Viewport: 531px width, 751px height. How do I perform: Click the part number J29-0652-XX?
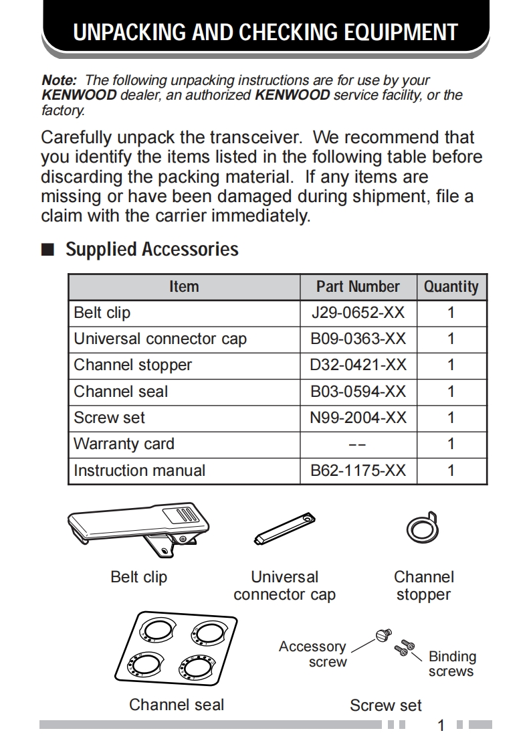(x=358, y=313)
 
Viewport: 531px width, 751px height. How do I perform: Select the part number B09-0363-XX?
(x=358, y=339)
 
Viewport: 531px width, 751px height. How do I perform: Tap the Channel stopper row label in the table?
(x=132, y=365)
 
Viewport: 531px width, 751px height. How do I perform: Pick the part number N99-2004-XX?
(x=358, y=418)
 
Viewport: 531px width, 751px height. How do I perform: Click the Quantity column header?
(x=451, y=286)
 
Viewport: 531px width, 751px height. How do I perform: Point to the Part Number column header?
(x=358, y=286)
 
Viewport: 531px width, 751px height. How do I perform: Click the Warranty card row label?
(x=124, y=444)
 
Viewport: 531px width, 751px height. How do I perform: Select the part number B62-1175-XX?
(x=358, y=470)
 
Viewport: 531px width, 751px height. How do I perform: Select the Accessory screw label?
(x=313, y=654)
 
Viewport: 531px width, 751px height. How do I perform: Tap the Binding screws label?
(x=452, y=664)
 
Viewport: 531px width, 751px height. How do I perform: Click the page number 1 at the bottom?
(x=441, y=726)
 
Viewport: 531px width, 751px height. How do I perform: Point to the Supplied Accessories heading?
(x=152, y=249)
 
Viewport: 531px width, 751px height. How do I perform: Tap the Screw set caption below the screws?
(x=386, y=705)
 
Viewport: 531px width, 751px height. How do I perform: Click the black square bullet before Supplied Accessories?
(x=47, y=250)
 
